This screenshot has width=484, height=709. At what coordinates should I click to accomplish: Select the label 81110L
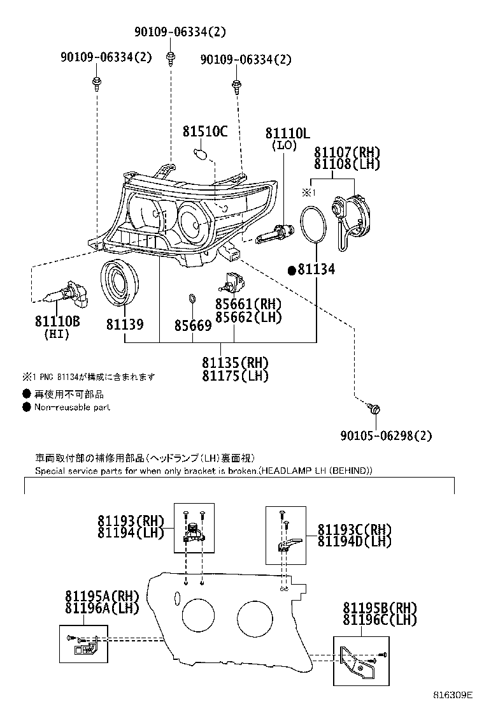[x=287, y=133]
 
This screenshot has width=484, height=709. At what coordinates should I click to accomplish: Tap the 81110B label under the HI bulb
[x=57, y=321]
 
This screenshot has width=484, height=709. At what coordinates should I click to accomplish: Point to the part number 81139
[x=124, y=325]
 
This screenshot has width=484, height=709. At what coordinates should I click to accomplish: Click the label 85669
[x=192, y=325]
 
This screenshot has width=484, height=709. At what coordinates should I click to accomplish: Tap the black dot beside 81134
[x=292, y=270]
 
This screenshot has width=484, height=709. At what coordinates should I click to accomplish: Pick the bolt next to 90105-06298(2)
[x=374, y=408]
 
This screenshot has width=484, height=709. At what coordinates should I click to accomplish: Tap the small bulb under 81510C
[x=199, y=154]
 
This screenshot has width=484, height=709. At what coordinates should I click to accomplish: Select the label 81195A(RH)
[x=101, y=596]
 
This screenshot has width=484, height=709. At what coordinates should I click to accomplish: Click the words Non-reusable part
[x=72, y=407]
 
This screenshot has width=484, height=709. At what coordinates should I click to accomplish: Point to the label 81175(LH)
[x=235, y=376]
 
